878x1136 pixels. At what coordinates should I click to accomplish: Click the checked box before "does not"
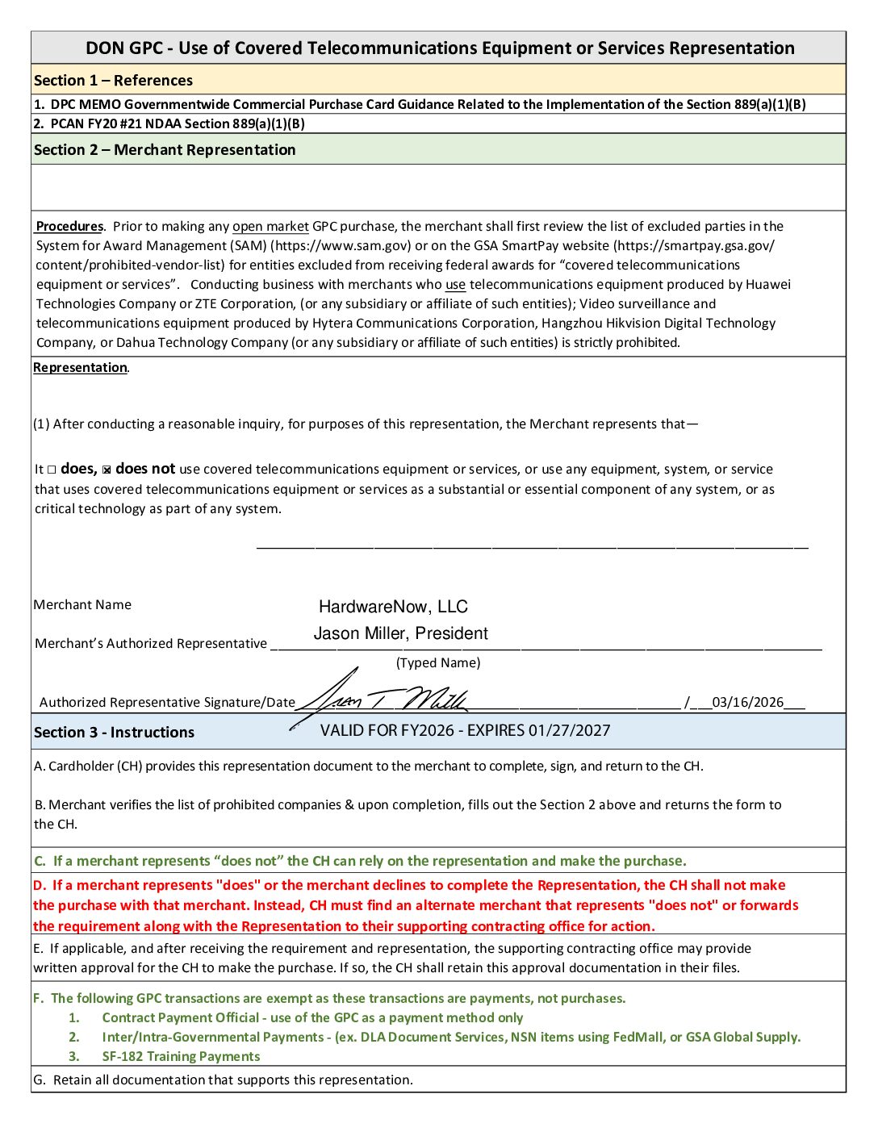[x=107, y=470]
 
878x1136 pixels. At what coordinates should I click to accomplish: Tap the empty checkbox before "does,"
[x=52, y=470]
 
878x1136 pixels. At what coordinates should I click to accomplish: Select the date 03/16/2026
[x=747, y=702]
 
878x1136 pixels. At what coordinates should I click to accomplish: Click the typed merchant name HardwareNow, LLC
[x=393, y=607]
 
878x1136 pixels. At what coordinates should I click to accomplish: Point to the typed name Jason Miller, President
[x=400, y=633]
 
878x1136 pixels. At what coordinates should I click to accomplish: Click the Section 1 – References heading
[x=113, y=81]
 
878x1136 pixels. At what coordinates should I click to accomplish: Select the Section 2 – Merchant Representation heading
[x=165, y=150]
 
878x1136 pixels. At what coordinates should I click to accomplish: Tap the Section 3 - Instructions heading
[x=114, y=733]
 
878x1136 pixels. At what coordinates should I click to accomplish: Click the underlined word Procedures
[x=70, y=227]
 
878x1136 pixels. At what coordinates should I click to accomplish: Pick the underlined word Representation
[x=80, y=368]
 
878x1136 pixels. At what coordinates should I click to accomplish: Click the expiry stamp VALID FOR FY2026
[x=465, y=731]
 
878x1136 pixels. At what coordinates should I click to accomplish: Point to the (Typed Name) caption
[x=438, y=663]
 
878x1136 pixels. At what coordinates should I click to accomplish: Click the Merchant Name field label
[x=82, y=605]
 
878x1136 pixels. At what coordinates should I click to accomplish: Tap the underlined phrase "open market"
[x=270, y=227]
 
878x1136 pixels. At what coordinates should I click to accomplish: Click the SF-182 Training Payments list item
[x=181, y=1057]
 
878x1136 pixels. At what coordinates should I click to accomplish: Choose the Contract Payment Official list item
[x=312, y=1018]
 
